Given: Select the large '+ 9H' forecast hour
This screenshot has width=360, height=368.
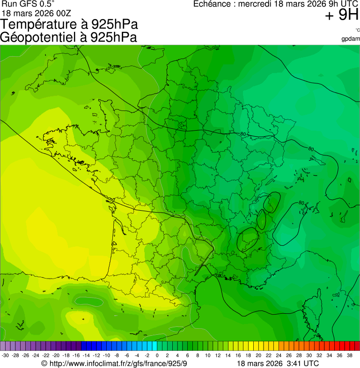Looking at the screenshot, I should (341, 15).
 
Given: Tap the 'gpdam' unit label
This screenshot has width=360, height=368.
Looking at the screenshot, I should (351, 38).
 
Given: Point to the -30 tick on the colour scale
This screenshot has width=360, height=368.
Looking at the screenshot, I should (6, 355).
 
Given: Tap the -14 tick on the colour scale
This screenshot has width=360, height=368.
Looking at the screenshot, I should (86, 355).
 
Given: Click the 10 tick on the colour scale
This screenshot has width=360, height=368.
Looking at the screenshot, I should (207, 355).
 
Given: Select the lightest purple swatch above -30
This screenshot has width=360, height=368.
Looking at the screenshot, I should (3, 346).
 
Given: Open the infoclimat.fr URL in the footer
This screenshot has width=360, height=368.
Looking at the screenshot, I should (114, 363).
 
